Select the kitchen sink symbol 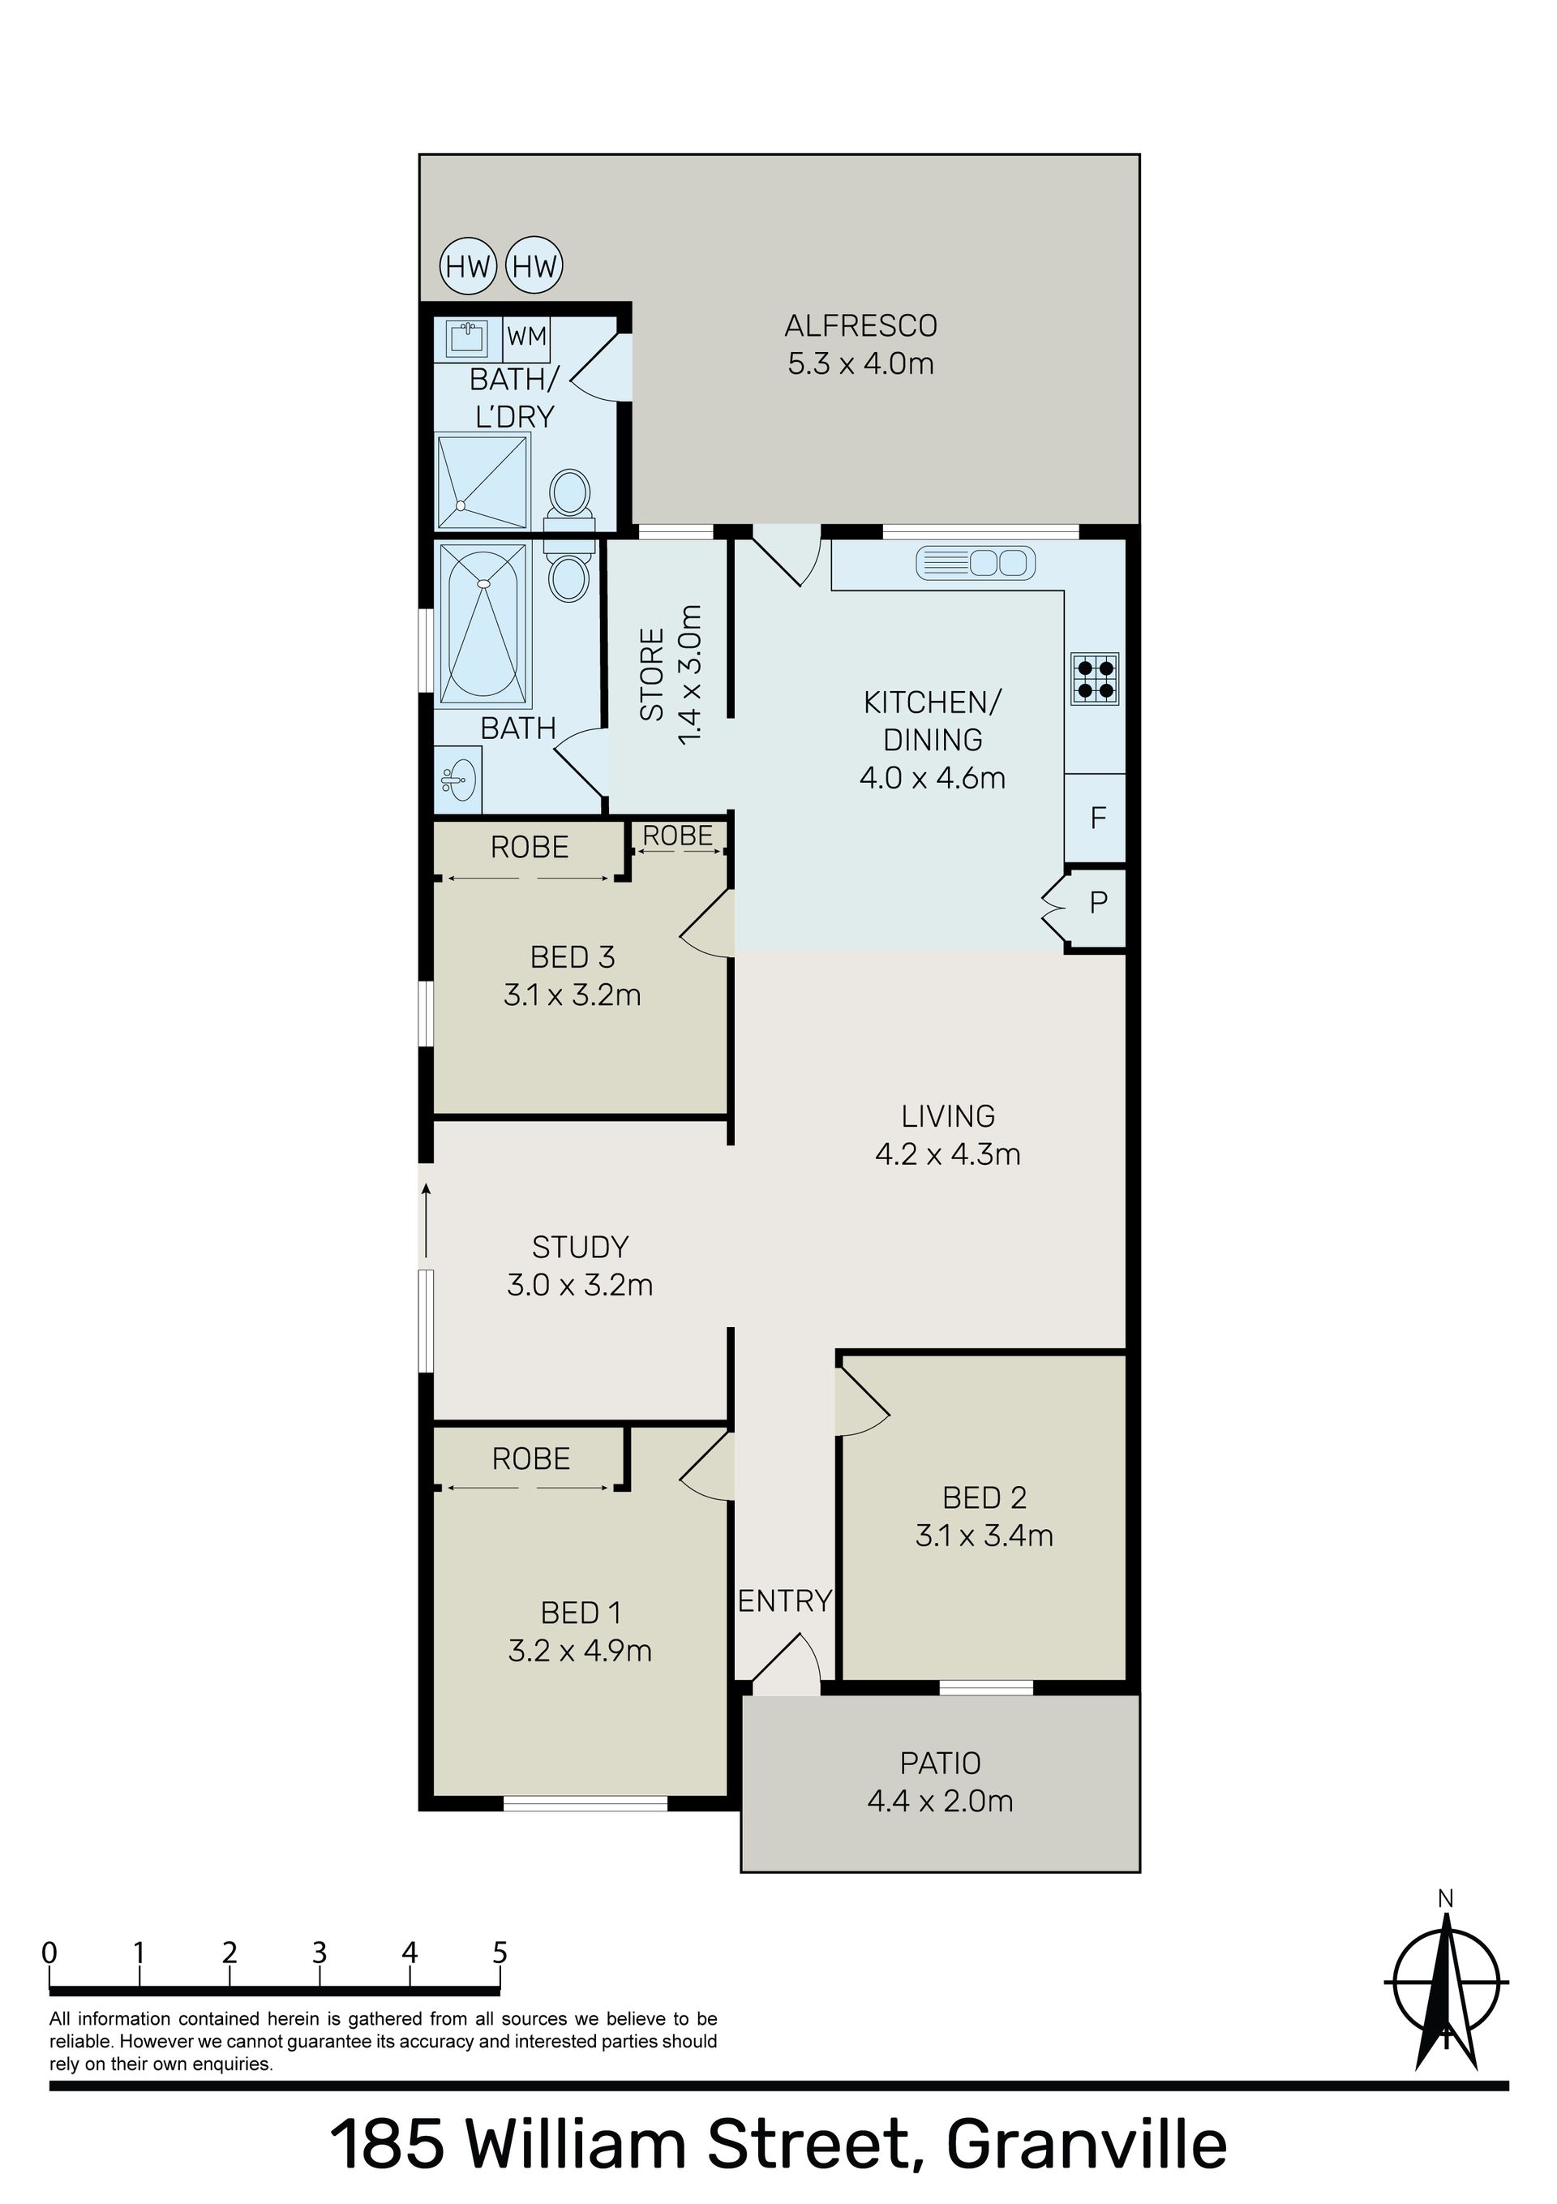pyautogui.click(x=976, y=562)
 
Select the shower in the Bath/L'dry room pyautogui.click(x=483, y=482)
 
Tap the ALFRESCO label pyautogui.click(x=860, y=326)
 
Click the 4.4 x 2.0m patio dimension pyautogui.click(x=940, y=1802)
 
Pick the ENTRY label pyautogui.click(x=784, y=1601)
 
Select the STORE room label pyautogui.click(x=653, y=674)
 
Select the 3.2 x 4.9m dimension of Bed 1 pyautogui.click(x=580, y=1651)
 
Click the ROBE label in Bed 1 pyautogui.click(x=531, y=1459)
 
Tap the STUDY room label pyautogui.click(x=580, y=1247)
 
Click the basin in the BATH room pyautogui.click(x=459, y=780)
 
